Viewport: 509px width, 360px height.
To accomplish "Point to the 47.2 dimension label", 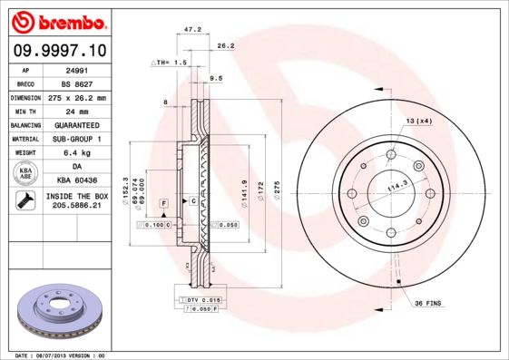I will point(192,29).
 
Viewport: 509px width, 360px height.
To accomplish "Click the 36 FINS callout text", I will point(426,303).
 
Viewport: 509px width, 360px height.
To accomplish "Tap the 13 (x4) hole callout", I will point(417,121).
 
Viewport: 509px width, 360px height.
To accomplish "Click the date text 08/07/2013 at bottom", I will point(62,355).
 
